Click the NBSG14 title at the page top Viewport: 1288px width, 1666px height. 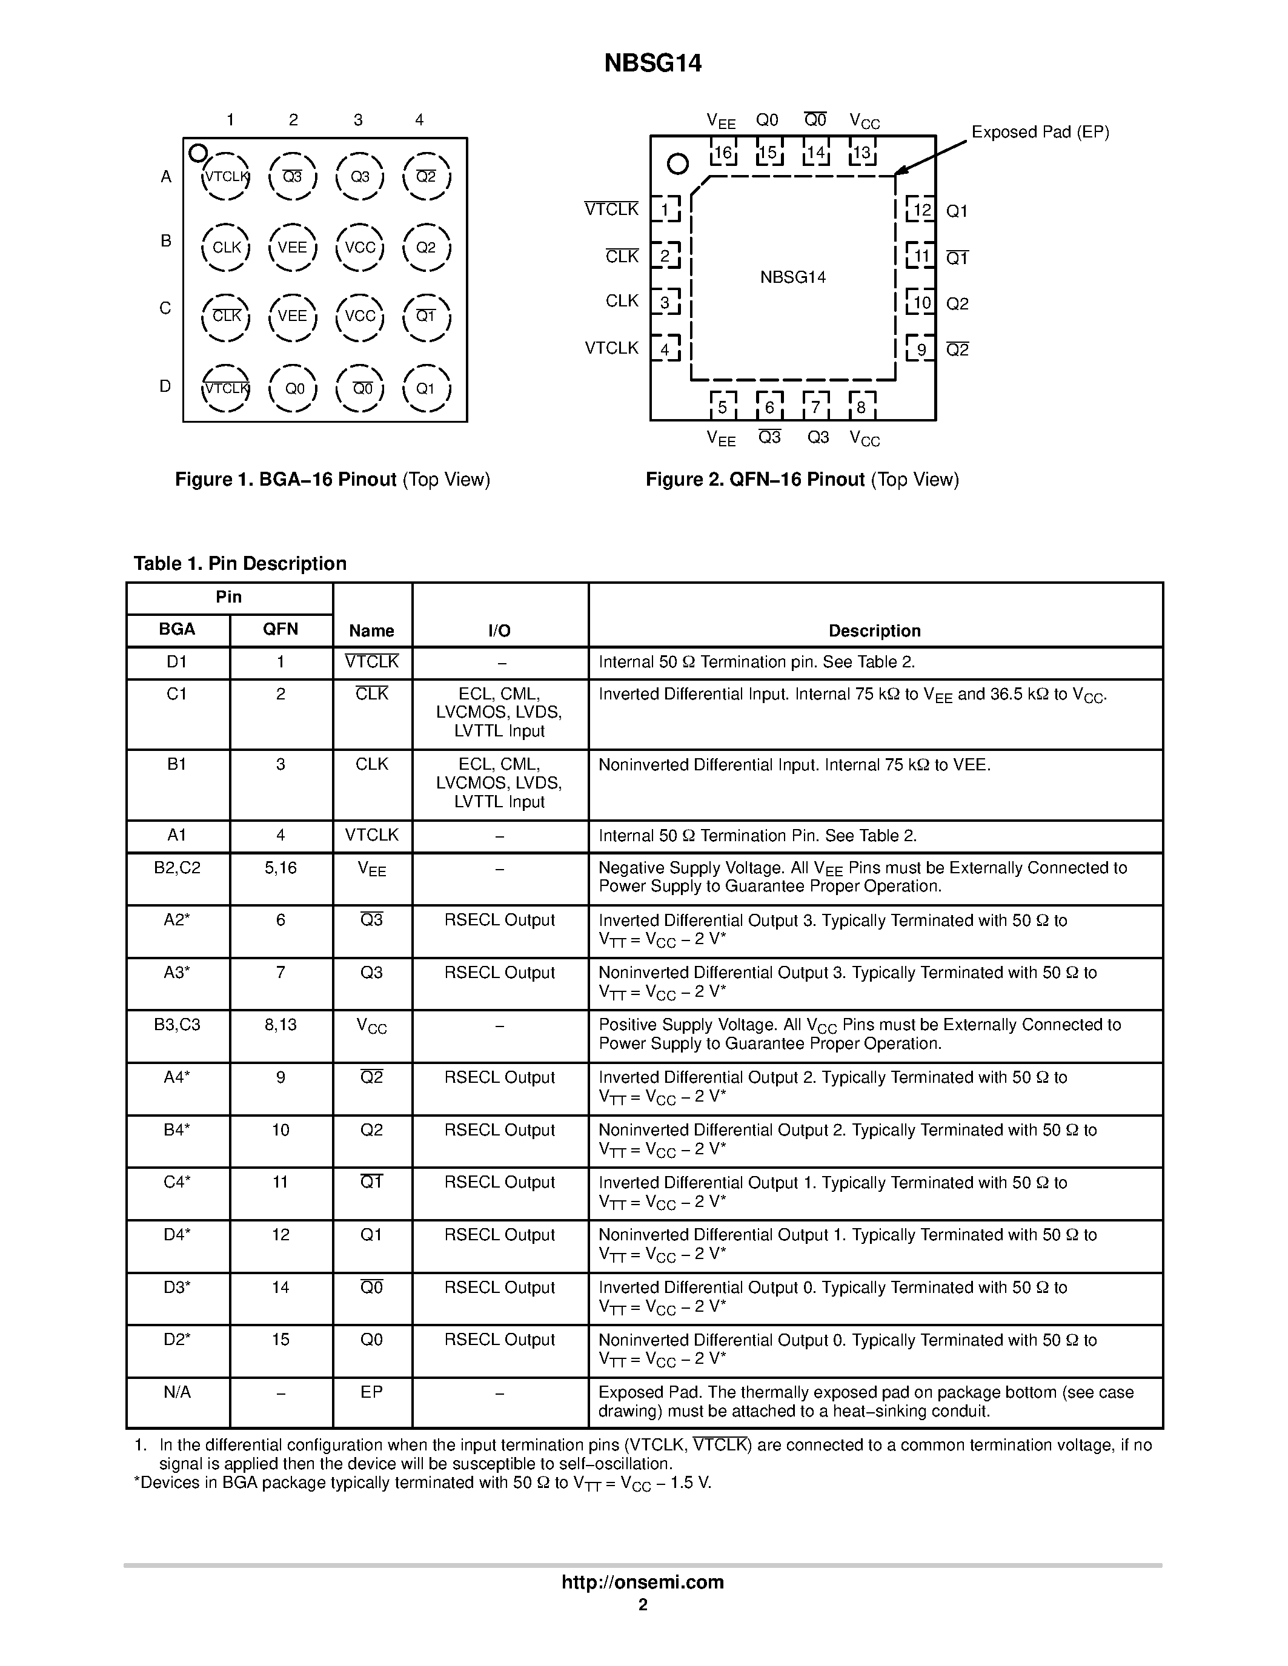652,64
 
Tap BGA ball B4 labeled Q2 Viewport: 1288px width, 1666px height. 426,247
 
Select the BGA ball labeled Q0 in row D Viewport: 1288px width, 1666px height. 294,389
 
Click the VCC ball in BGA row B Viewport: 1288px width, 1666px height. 359,247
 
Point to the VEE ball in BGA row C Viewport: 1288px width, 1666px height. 292,316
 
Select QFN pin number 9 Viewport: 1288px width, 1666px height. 921,349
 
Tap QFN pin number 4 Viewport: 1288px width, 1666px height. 665,349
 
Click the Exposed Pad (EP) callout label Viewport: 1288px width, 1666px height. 1039,132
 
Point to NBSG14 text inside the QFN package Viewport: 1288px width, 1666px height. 793,277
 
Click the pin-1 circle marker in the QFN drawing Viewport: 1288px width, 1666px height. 677,164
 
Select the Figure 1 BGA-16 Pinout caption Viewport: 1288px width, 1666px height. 333,479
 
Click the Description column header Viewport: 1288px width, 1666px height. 874,631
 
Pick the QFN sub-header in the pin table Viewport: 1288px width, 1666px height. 280,629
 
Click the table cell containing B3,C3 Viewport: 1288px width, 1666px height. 177,1025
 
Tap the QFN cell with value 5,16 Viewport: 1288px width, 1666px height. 280,868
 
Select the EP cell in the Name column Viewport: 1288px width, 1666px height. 371,1392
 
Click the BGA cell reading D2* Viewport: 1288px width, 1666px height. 177,1340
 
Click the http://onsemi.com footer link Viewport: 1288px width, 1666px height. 642,1582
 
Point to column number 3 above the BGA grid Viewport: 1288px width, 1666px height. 358,120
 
